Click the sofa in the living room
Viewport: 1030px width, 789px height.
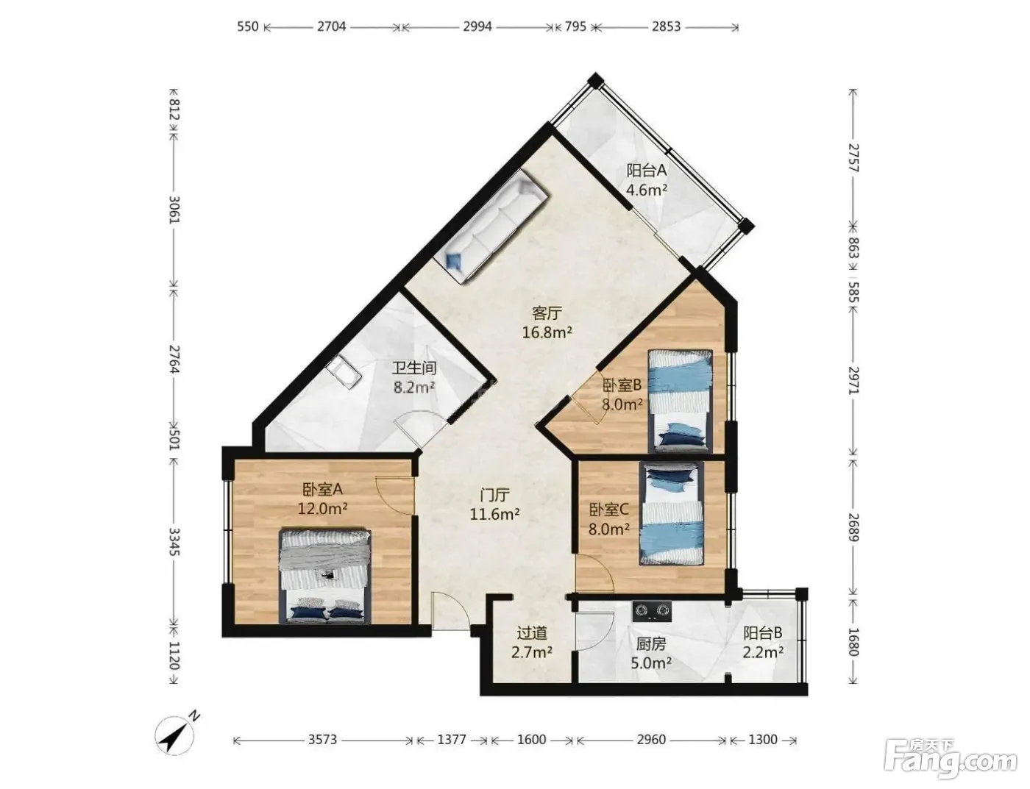pyautogui.click(x=490, y=226)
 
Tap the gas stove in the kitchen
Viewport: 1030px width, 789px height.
pyautogui.click(x=652, y=611)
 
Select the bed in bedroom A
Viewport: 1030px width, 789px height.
pyautogui.click(x=324, y=576)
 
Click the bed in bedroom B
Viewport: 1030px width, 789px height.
pyautogui.click(x=681, y=401)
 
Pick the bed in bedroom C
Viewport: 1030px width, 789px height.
pyautogui.click(x=671, y=514)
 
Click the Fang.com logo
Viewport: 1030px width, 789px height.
pyautogui.click(x=951, y=760)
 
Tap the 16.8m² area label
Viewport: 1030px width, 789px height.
pyautogui.click(x=547, y=332)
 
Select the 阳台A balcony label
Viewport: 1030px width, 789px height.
pyautogui.click(x=647, y=170)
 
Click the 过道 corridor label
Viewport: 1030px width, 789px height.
pyautogui.click(x=532, y=632)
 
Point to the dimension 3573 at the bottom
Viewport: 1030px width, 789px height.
pyautogui.click(x=322, y=739)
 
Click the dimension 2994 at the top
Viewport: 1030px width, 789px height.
pyautogui.click(x=477, y=26)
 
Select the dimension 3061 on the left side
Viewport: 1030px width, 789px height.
pyautogui.click(x=174, y=210)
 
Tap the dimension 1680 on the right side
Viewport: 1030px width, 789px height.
pyautogui.click(x=853, y=642)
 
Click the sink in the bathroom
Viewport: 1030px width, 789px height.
pyautogui.click(x=344, y=372)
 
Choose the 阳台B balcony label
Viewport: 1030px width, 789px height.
pyautogui.click(x=762, y=632)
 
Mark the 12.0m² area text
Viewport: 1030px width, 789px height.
pyautogui.click(x=322, y=509)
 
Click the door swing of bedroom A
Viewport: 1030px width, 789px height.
pyautogui.click(x=395, y=495)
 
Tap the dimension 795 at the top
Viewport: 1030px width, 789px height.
pyautogui.click(x=575, y=26)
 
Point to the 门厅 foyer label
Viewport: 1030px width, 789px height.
pyautogui.click(x=494, y=495)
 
